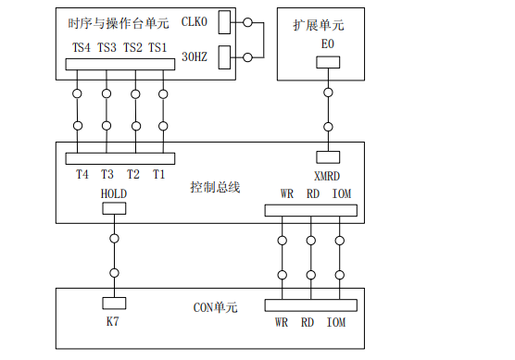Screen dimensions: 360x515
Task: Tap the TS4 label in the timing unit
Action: coord(82,46)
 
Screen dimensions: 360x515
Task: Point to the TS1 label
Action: coord(158,46)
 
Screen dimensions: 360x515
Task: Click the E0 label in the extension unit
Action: coord(326,45)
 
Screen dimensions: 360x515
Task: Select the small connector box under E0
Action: coord(327,63)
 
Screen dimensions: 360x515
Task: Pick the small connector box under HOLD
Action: coord(113,210)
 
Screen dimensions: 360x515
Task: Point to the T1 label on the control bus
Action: coord(159,174)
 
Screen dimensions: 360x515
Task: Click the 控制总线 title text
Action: coord(216,187)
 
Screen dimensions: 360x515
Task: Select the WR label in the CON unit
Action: coord(282,323)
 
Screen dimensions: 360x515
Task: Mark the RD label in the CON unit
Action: coord(309,323)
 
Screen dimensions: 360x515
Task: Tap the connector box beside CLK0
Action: coord(224,25)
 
